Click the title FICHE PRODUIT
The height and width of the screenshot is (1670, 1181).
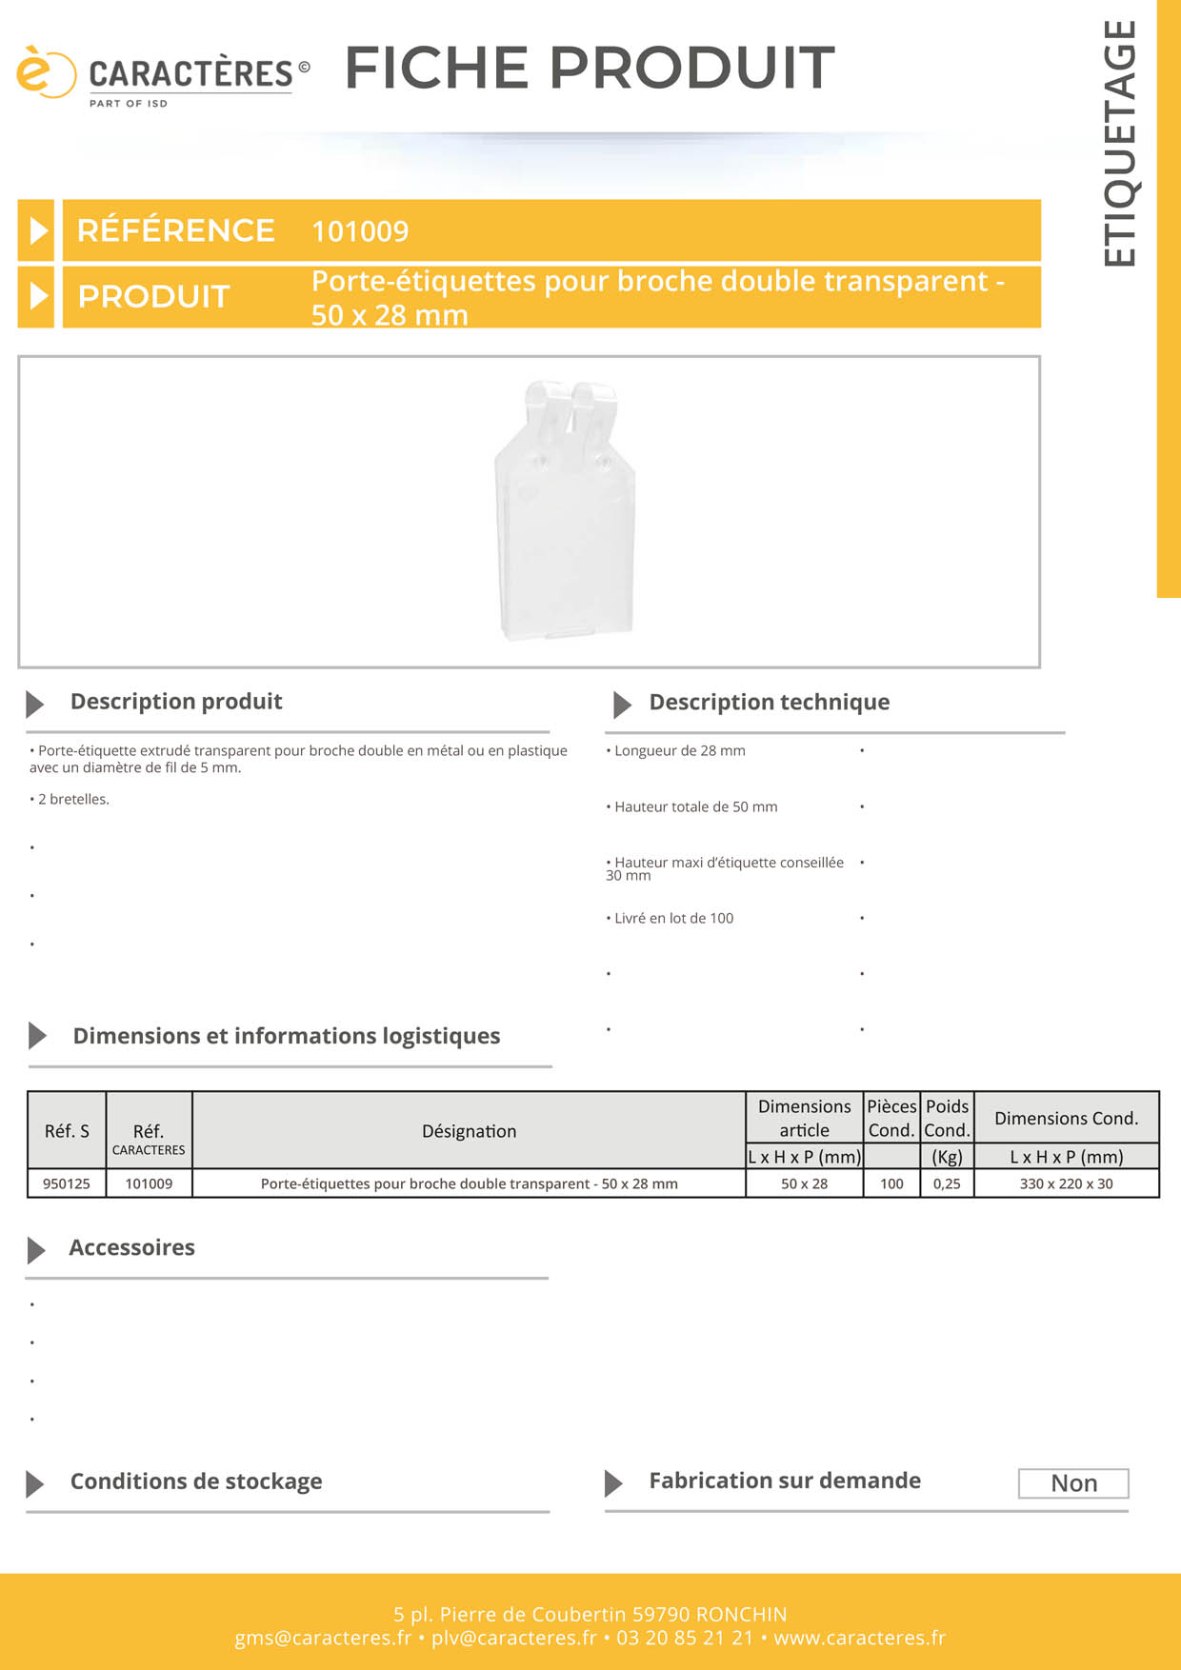point(590,68)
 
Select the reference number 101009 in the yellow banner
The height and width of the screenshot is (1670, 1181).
point(360,231)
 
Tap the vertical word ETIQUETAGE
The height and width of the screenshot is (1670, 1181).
point(1120,144)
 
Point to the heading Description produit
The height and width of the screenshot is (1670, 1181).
point(176,702)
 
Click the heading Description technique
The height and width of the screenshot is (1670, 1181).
point(769,703)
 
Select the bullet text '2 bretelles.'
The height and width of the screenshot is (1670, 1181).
point(73,800)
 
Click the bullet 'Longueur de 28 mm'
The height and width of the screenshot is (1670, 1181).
point(679,751)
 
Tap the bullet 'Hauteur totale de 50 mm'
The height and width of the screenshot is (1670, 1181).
point(695,807)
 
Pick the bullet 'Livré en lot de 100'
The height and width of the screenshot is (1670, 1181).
point(673,919)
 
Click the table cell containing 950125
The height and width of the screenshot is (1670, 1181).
point(67,1183)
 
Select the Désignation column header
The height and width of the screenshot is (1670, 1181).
point(469,1131)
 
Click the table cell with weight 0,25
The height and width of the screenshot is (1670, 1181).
point(947,1183)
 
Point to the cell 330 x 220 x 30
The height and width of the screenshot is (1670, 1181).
point(1066,1183)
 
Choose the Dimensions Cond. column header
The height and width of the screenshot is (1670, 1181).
point(1066,1119)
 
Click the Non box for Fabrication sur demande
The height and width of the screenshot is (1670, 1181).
point(1073,1483)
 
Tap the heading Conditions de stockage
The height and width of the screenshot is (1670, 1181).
point(196,1481)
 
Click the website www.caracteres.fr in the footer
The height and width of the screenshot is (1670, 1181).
point(859,1638)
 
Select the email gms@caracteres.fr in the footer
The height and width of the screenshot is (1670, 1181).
point(323,1638)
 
